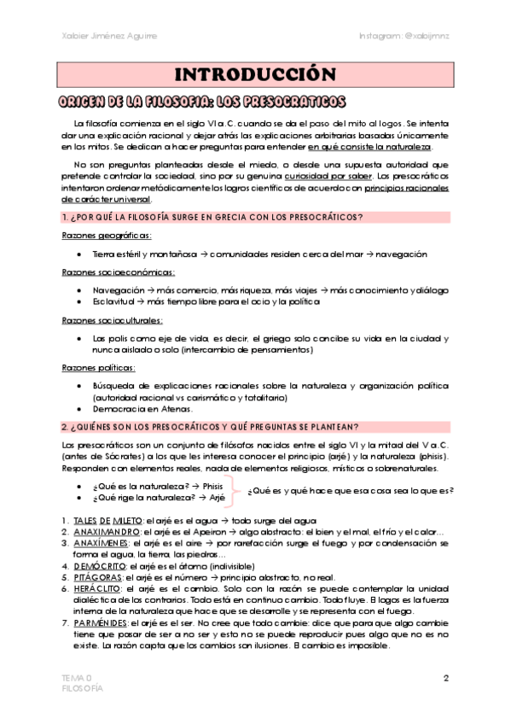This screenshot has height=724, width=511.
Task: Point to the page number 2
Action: [446, 678]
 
